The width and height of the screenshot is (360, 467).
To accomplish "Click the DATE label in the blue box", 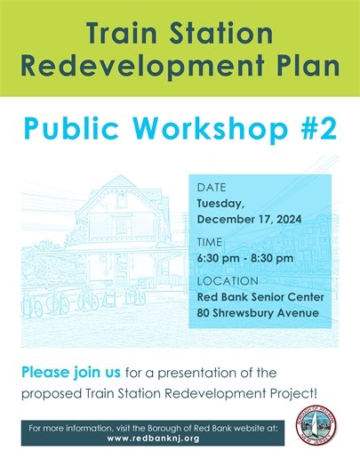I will [x=212, y=188].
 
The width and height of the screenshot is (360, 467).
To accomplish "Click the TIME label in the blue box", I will [x=211, y=242].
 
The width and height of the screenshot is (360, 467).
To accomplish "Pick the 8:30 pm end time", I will [x=272, y=258].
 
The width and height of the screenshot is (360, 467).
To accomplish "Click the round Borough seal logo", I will [x=314, y=431].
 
